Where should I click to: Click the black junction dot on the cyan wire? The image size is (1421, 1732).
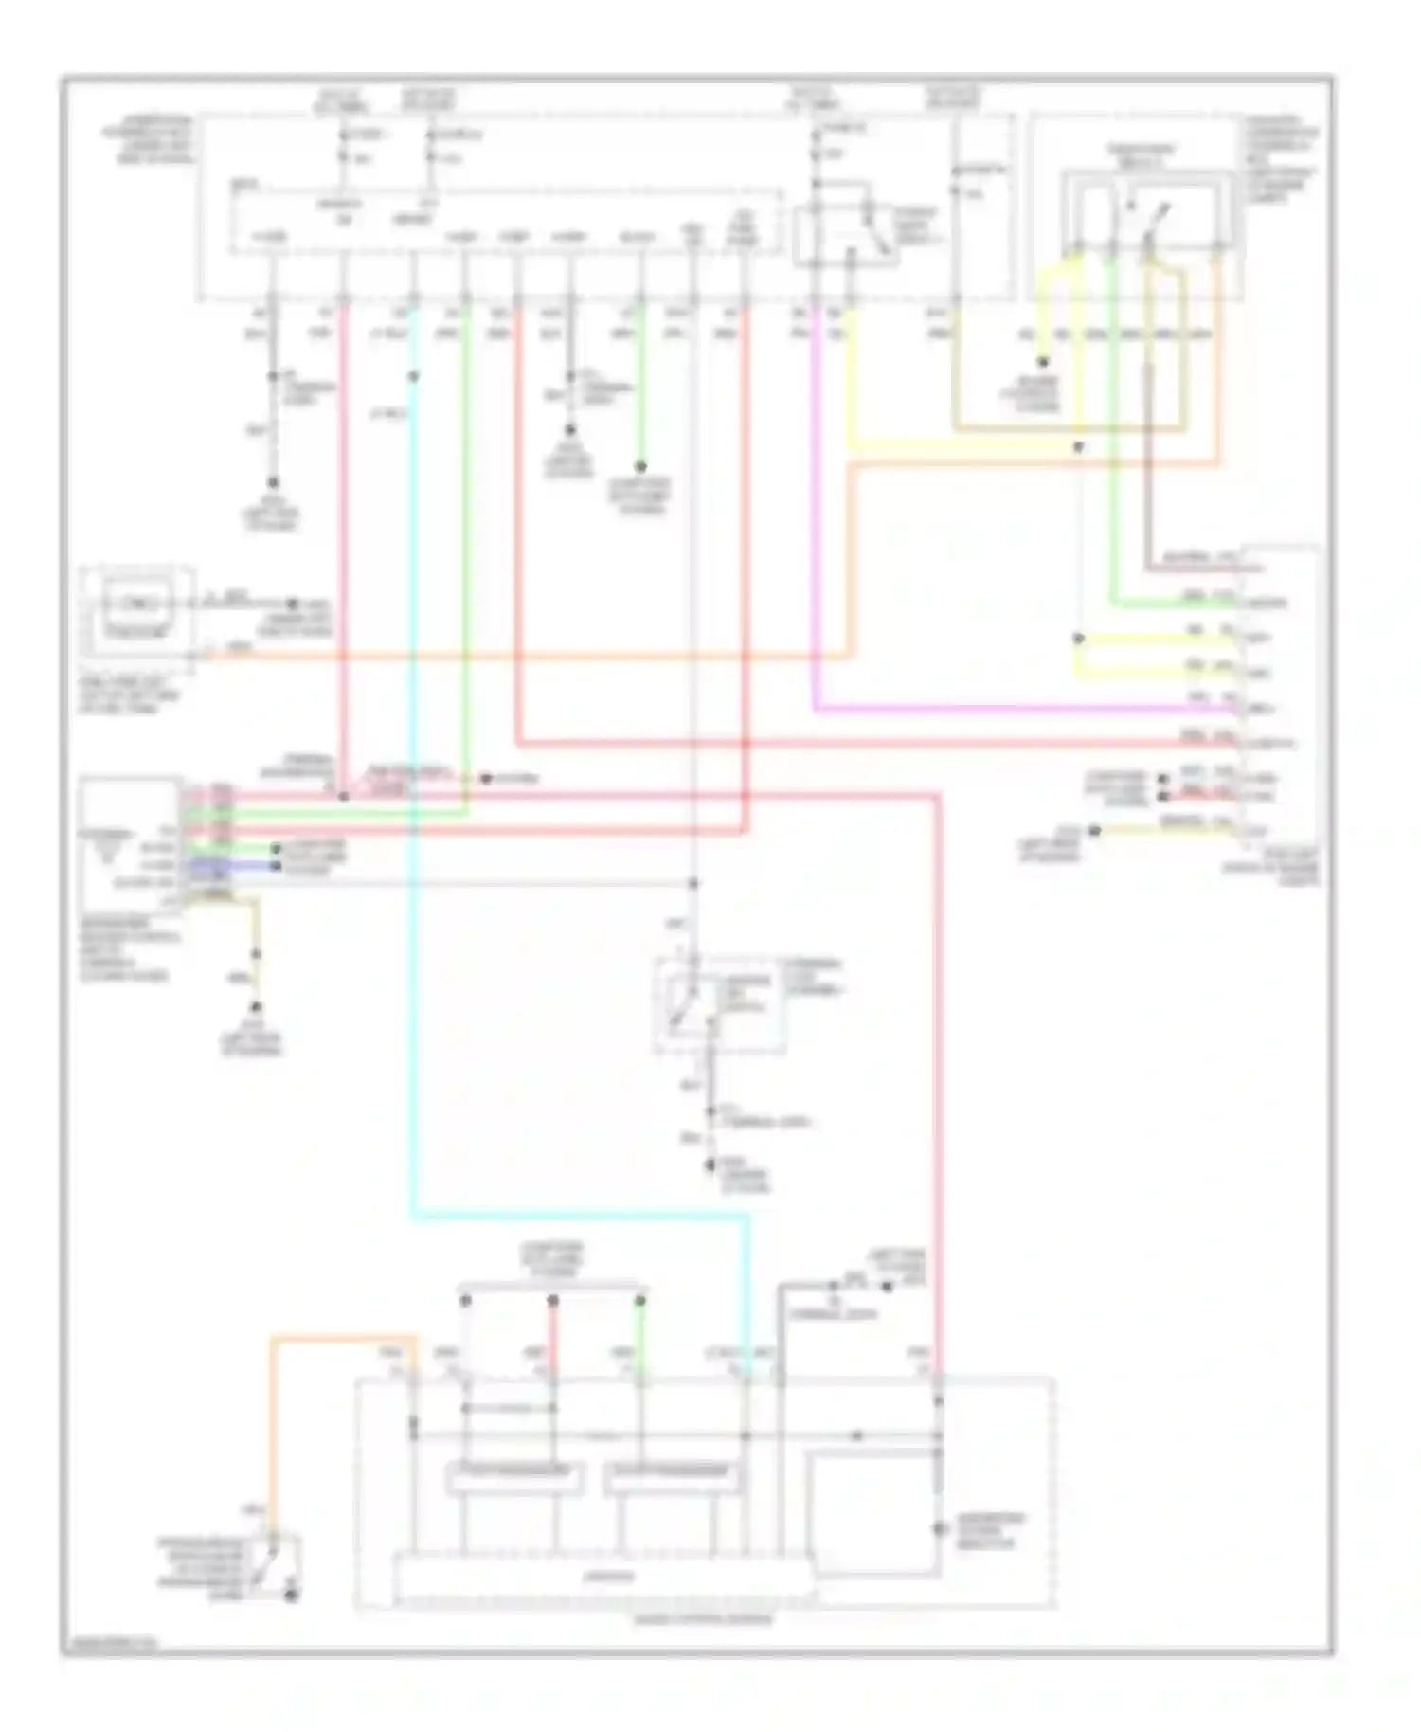413,377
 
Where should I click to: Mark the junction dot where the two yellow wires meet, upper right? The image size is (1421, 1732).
1078,638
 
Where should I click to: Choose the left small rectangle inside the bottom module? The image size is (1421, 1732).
513,1479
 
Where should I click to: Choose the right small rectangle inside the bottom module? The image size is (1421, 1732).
673,1479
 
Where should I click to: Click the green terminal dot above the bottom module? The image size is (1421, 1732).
640,1301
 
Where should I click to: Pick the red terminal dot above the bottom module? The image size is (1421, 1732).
553,1301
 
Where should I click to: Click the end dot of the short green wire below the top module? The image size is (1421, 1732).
640,467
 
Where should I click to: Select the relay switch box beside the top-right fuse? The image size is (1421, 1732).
846,235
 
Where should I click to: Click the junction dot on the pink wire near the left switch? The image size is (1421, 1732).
344,797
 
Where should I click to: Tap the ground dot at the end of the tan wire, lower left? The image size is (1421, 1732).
255,1008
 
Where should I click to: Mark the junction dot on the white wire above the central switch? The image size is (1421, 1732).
693,883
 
